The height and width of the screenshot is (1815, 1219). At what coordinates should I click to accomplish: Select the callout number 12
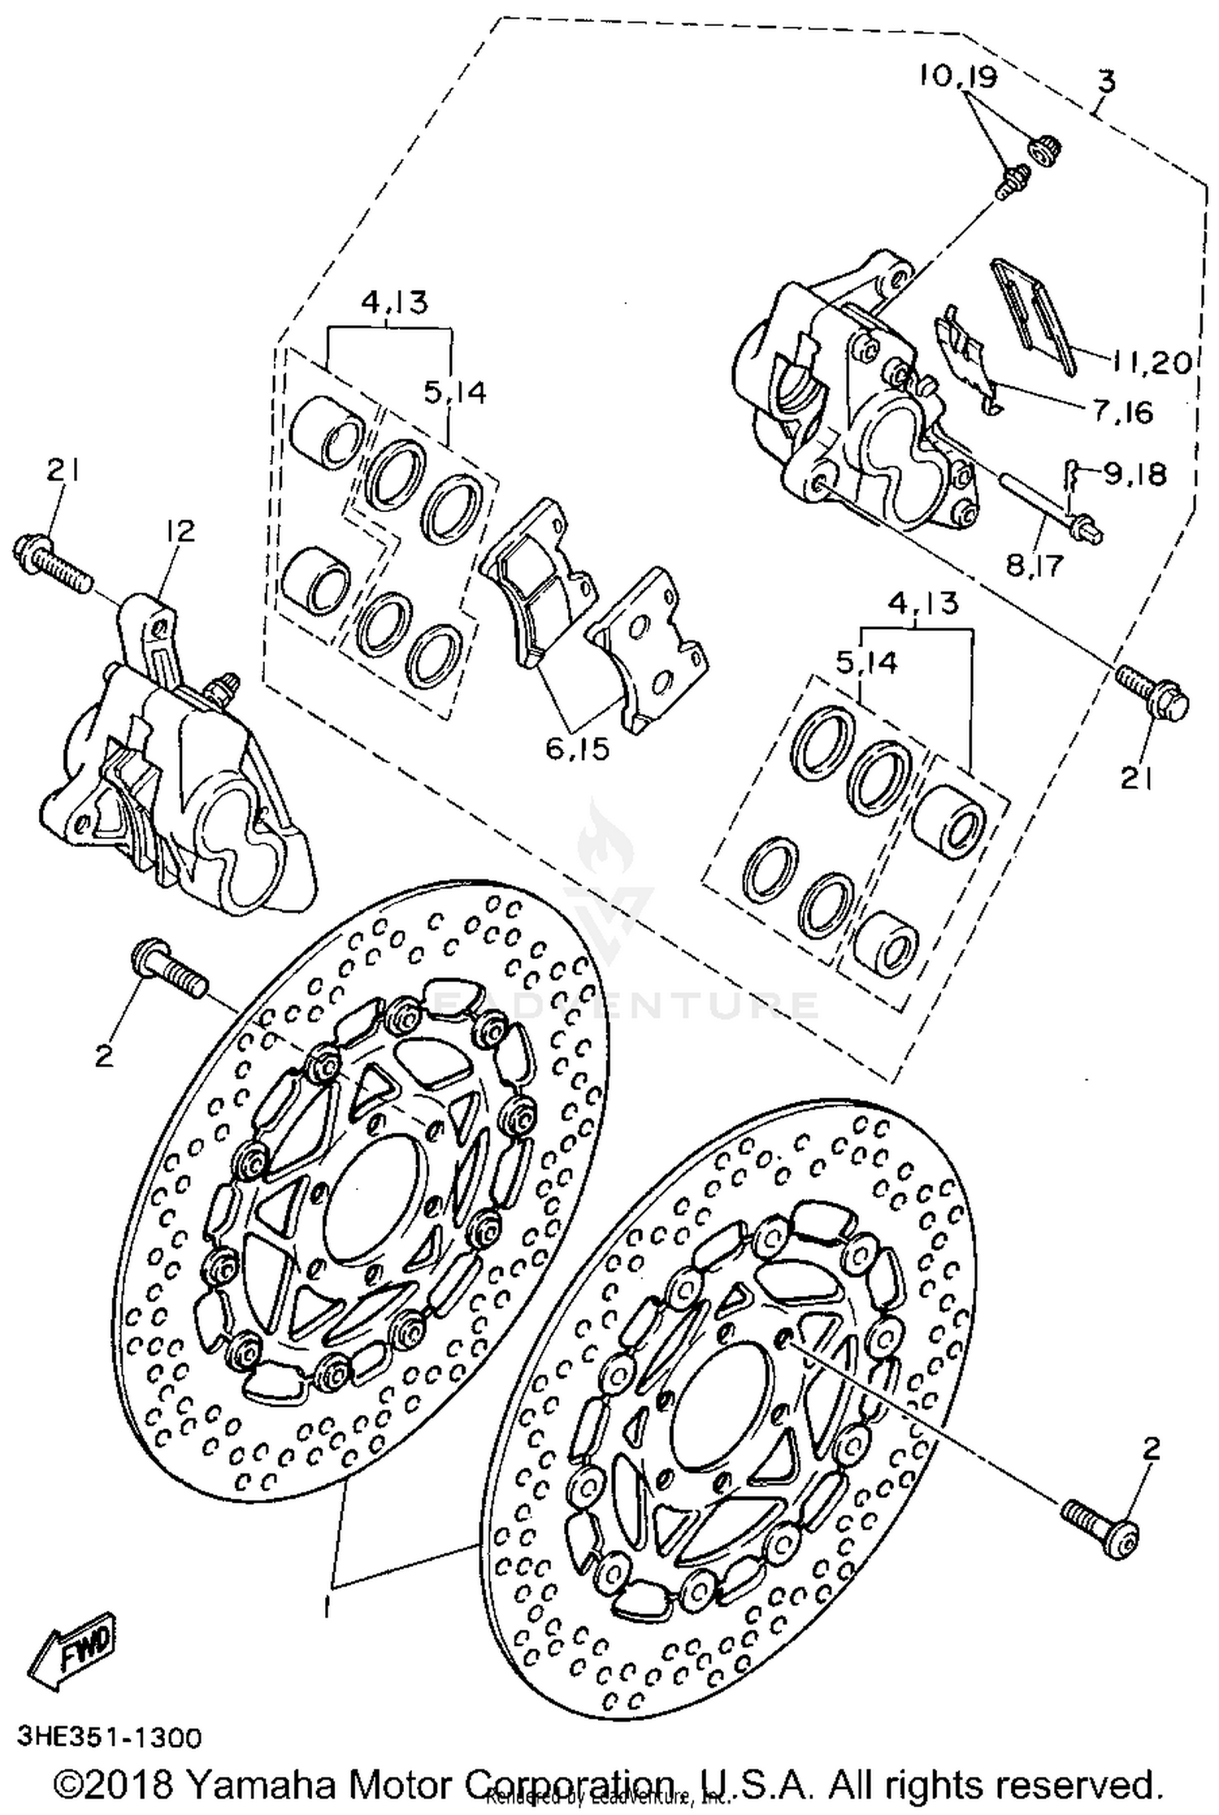point(180,532)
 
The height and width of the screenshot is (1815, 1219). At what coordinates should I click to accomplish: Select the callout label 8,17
point(1035,563)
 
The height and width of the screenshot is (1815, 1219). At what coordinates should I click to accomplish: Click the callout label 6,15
point(577,749)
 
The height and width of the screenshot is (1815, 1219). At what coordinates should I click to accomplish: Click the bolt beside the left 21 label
point(54,562)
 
